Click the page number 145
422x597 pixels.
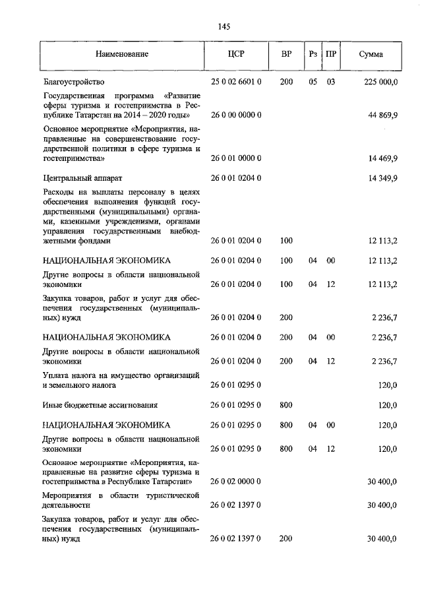point(223,26)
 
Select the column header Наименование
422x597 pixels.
point(121,54)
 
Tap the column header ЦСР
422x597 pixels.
point(236,54)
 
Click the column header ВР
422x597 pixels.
point(286,54)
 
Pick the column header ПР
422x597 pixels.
point(330,54)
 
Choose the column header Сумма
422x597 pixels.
point(371,54)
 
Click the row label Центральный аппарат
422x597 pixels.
point(82,178)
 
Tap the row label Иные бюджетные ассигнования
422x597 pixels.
point(100,406)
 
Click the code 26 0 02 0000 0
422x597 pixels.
point(236,482)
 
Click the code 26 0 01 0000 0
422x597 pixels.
point(236,159)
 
